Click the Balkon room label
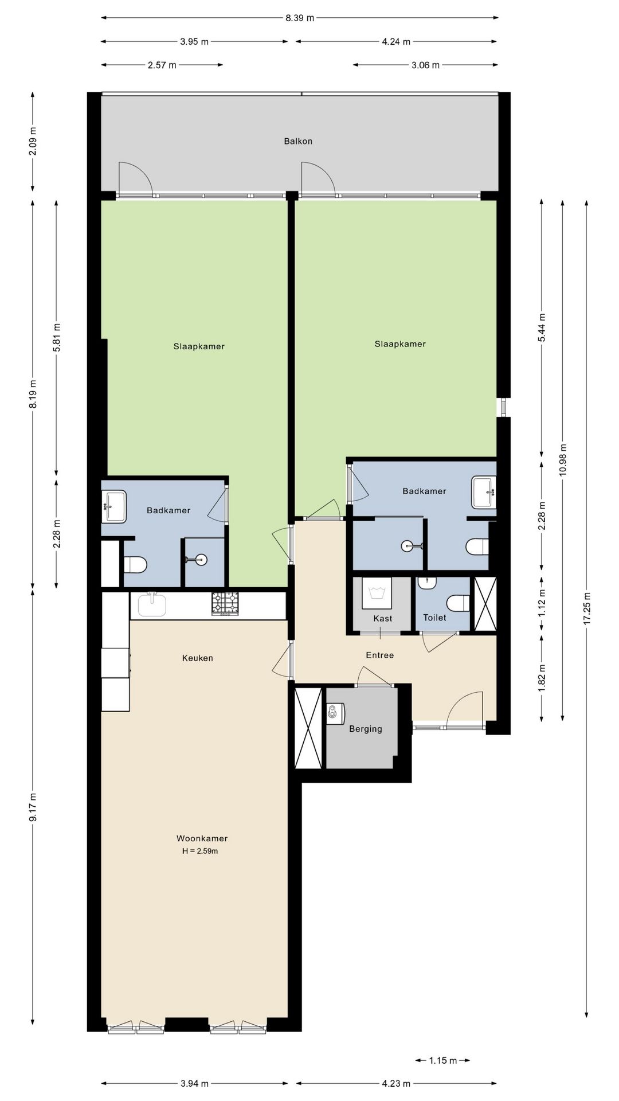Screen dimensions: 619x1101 click(298, 141)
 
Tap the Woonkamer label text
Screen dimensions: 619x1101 click(202, 838)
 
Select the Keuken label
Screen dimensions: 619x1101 click(197, 658)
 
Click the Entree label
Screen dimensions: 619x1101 click(380, 655)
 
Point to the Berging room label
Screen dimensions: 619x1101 click(366, 729)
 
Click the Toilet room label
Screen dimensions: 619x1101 click(434, 618)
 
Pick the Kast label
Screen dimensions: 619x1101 click(383, 618)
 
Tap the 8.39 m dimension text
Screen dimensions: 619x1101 click(300, 18)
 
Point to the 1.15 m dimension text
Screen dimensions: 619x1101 click(443, 1060)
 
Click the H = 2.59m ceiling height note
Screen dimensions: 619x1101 click(200, 851)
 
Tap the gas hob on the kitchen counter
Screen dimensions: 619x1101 click(225, 604)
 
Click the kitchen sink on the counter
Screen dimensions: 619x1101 click(152, 605)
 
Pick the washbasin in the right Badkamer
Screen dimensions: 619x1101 click(484, 492)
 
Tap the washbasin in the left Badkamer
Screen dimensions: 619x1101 click(114, 506)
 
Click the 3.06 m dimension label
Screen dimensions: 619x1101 click(425, 65)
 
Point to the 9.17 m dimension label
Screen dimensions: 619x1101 click(33, 807)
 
